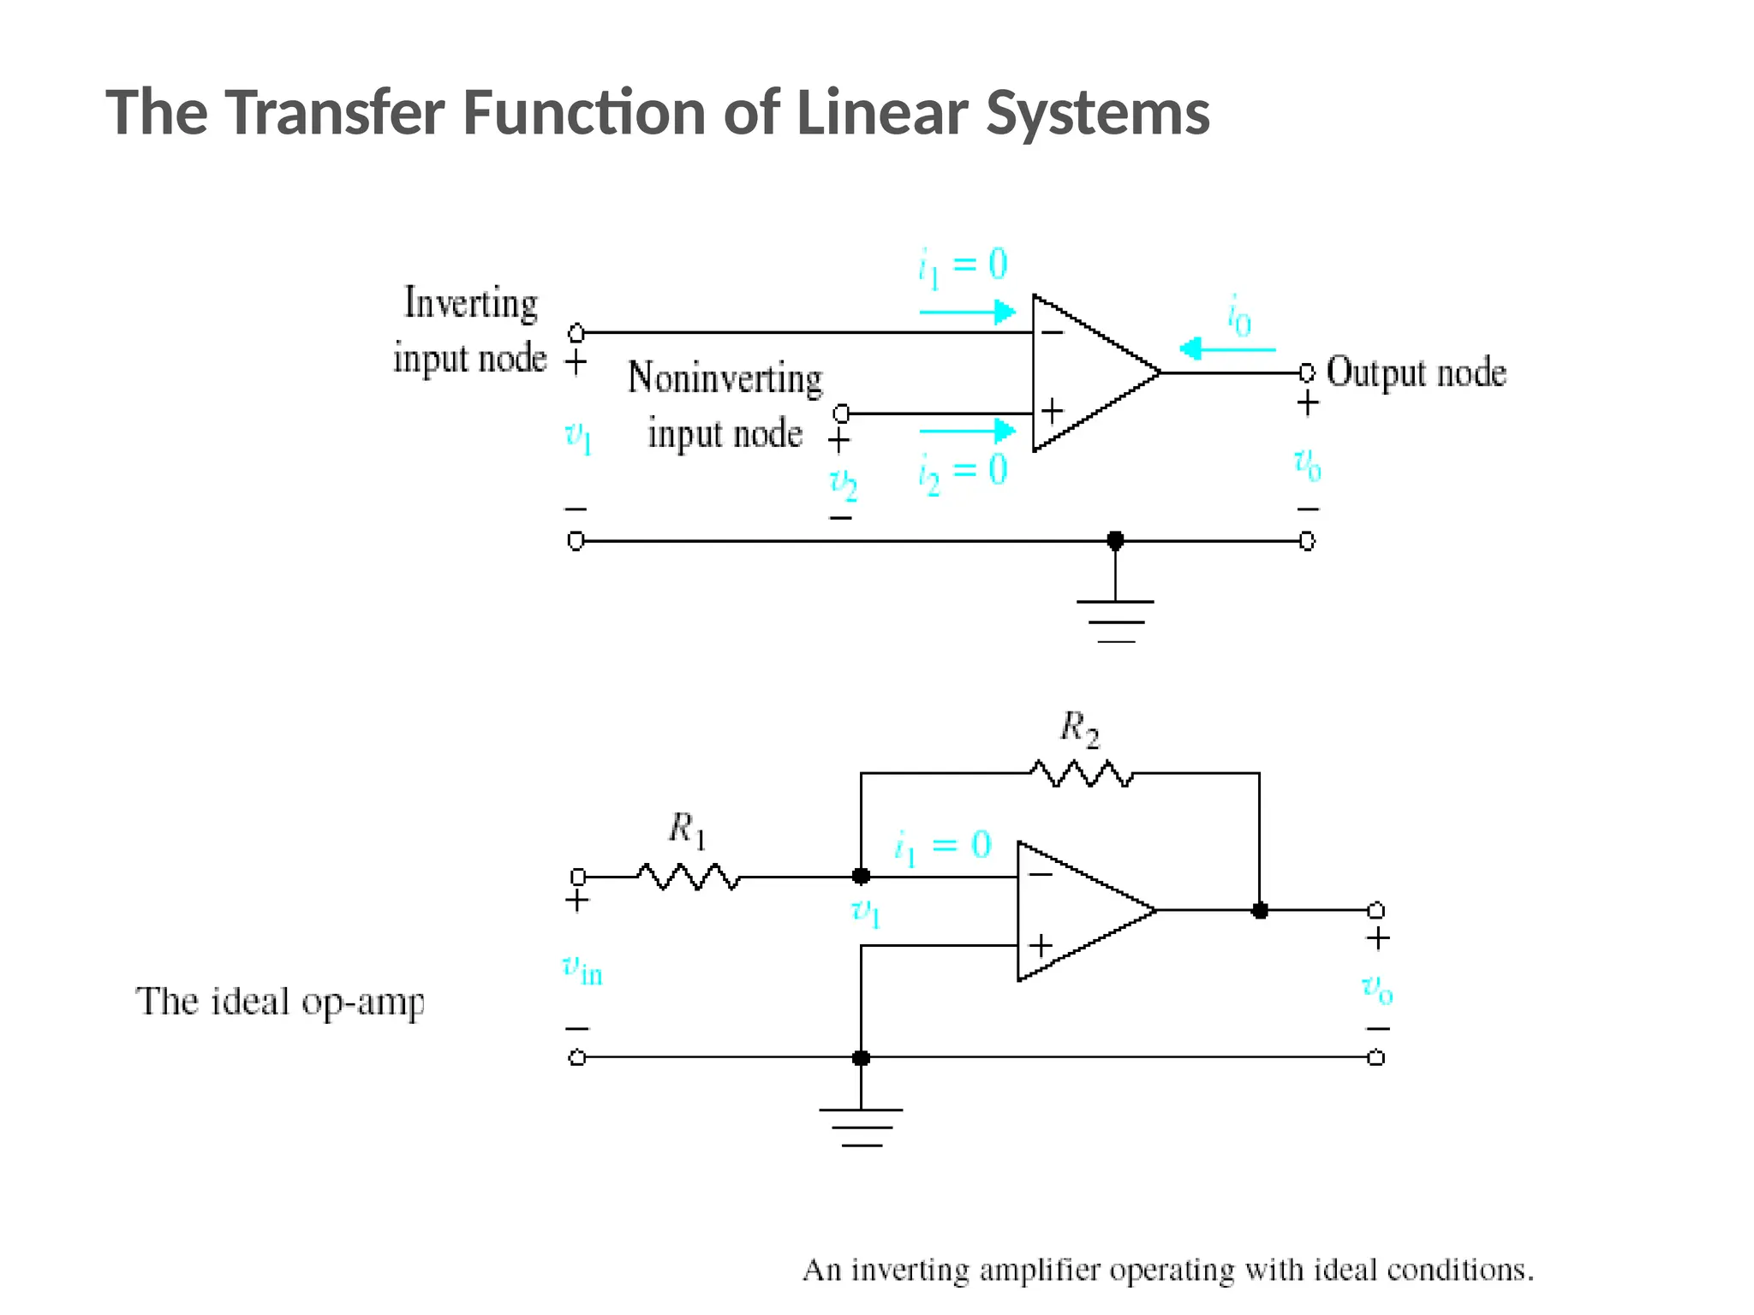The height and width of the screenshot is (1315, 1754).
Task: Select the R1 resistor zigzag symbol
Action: coord(688,877)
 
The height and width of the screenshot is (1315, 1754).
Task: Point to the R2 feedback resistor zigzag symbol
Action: coord(1082,774)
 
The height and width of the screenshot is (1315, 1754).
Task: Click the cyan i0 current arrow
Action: coord(1226,349)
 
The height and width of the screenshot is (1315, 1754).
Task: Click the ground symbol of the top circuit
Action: coord(1115,621)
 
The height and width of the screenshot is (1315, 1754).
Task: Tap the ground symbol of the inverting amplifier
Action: coord(861,1126)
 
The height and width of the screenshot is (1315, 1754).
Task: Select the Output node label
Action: coord(1416,373)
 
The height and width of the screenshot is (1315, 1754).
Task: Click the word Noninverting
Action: coord(725,378)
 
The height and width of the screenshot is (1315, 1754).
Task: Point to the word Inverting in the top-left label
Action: coord(470,303)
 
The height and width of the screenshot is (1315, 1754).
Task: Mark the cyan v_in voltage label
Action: coord(582,970)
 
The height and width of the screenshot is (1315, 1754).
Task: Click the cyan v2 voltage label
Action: coord(843,484)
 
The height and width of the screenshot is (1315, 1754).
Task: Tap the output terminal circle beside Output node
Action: coord(1307,372)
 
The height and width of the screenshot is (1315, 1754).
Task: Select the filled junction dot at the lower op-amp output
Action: coord(1259,910)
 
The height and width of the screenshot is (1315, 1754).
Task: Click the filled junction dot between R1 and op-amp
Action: coord(861,876)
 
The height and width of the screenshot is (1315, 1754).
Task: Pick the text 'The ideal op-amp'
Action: coord(279,1002)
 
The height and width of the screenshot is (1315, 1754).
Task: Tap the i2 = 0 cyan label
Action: coord(963,472)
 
